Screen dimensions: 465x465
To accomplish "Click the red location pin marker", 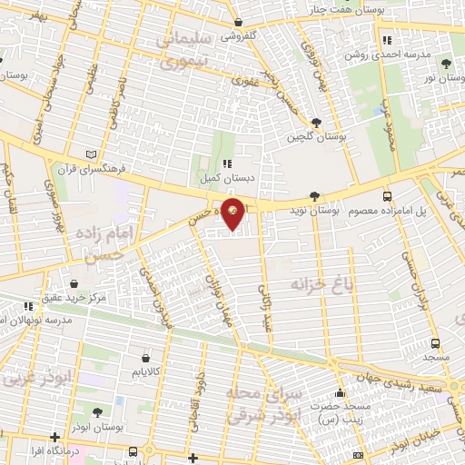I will pyautogui.click(x=233, y=214).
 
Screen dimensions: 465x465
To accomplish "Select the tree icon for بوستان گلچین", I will pyautogui.click(x=315, y=124).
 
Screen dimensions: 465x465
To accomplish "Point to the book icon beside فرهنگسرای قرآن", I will pyautogui.click(x=87, y=153).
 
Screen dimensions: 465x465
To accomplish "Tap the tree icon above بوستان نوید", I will pyautogui.click(x=314, y=195).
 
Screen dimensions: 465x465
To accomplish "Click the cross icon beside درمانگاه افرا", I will pyautogui.click(x=56, y=436).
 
